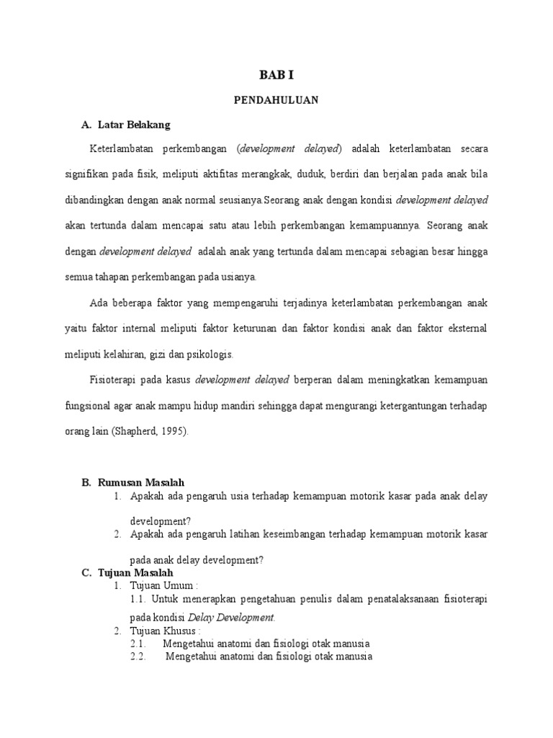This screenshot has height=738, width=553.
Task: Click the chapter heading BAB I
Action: (x=276, y=75)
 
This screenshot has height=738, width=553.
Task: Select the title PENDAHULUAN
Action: (x=276, y=101)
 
